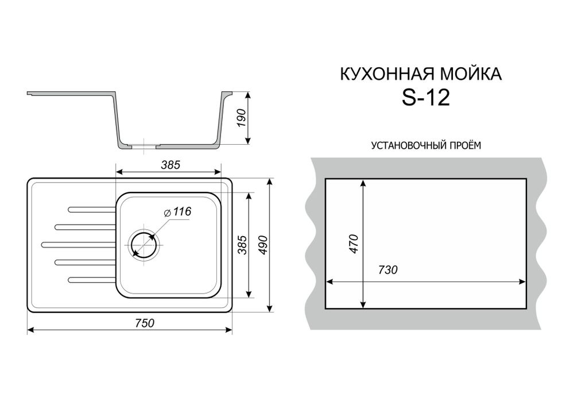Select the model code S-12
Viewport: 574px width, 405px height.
click(425, 98)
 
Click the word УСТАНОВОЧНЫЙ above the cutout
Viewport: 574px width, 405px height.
click(407, 145)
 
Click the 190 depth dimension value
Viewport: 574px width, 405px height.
click(241, 117)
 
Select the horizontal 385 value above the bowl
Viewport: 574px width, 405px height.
click(170, 165)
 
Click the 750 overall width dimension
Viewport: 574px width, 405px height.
click(144, 323)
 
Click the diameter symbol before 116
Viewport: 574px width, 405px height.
click(166, 213)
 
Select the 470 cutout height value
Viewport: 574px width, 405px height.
click(354, 244)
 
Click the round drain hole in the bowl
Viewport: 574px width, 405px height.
click(145, 244)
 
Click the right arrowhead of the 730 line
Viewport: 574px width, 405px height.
click(523, 282)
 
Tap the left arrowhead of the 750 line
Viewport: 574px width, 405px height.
click(31, 330)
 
